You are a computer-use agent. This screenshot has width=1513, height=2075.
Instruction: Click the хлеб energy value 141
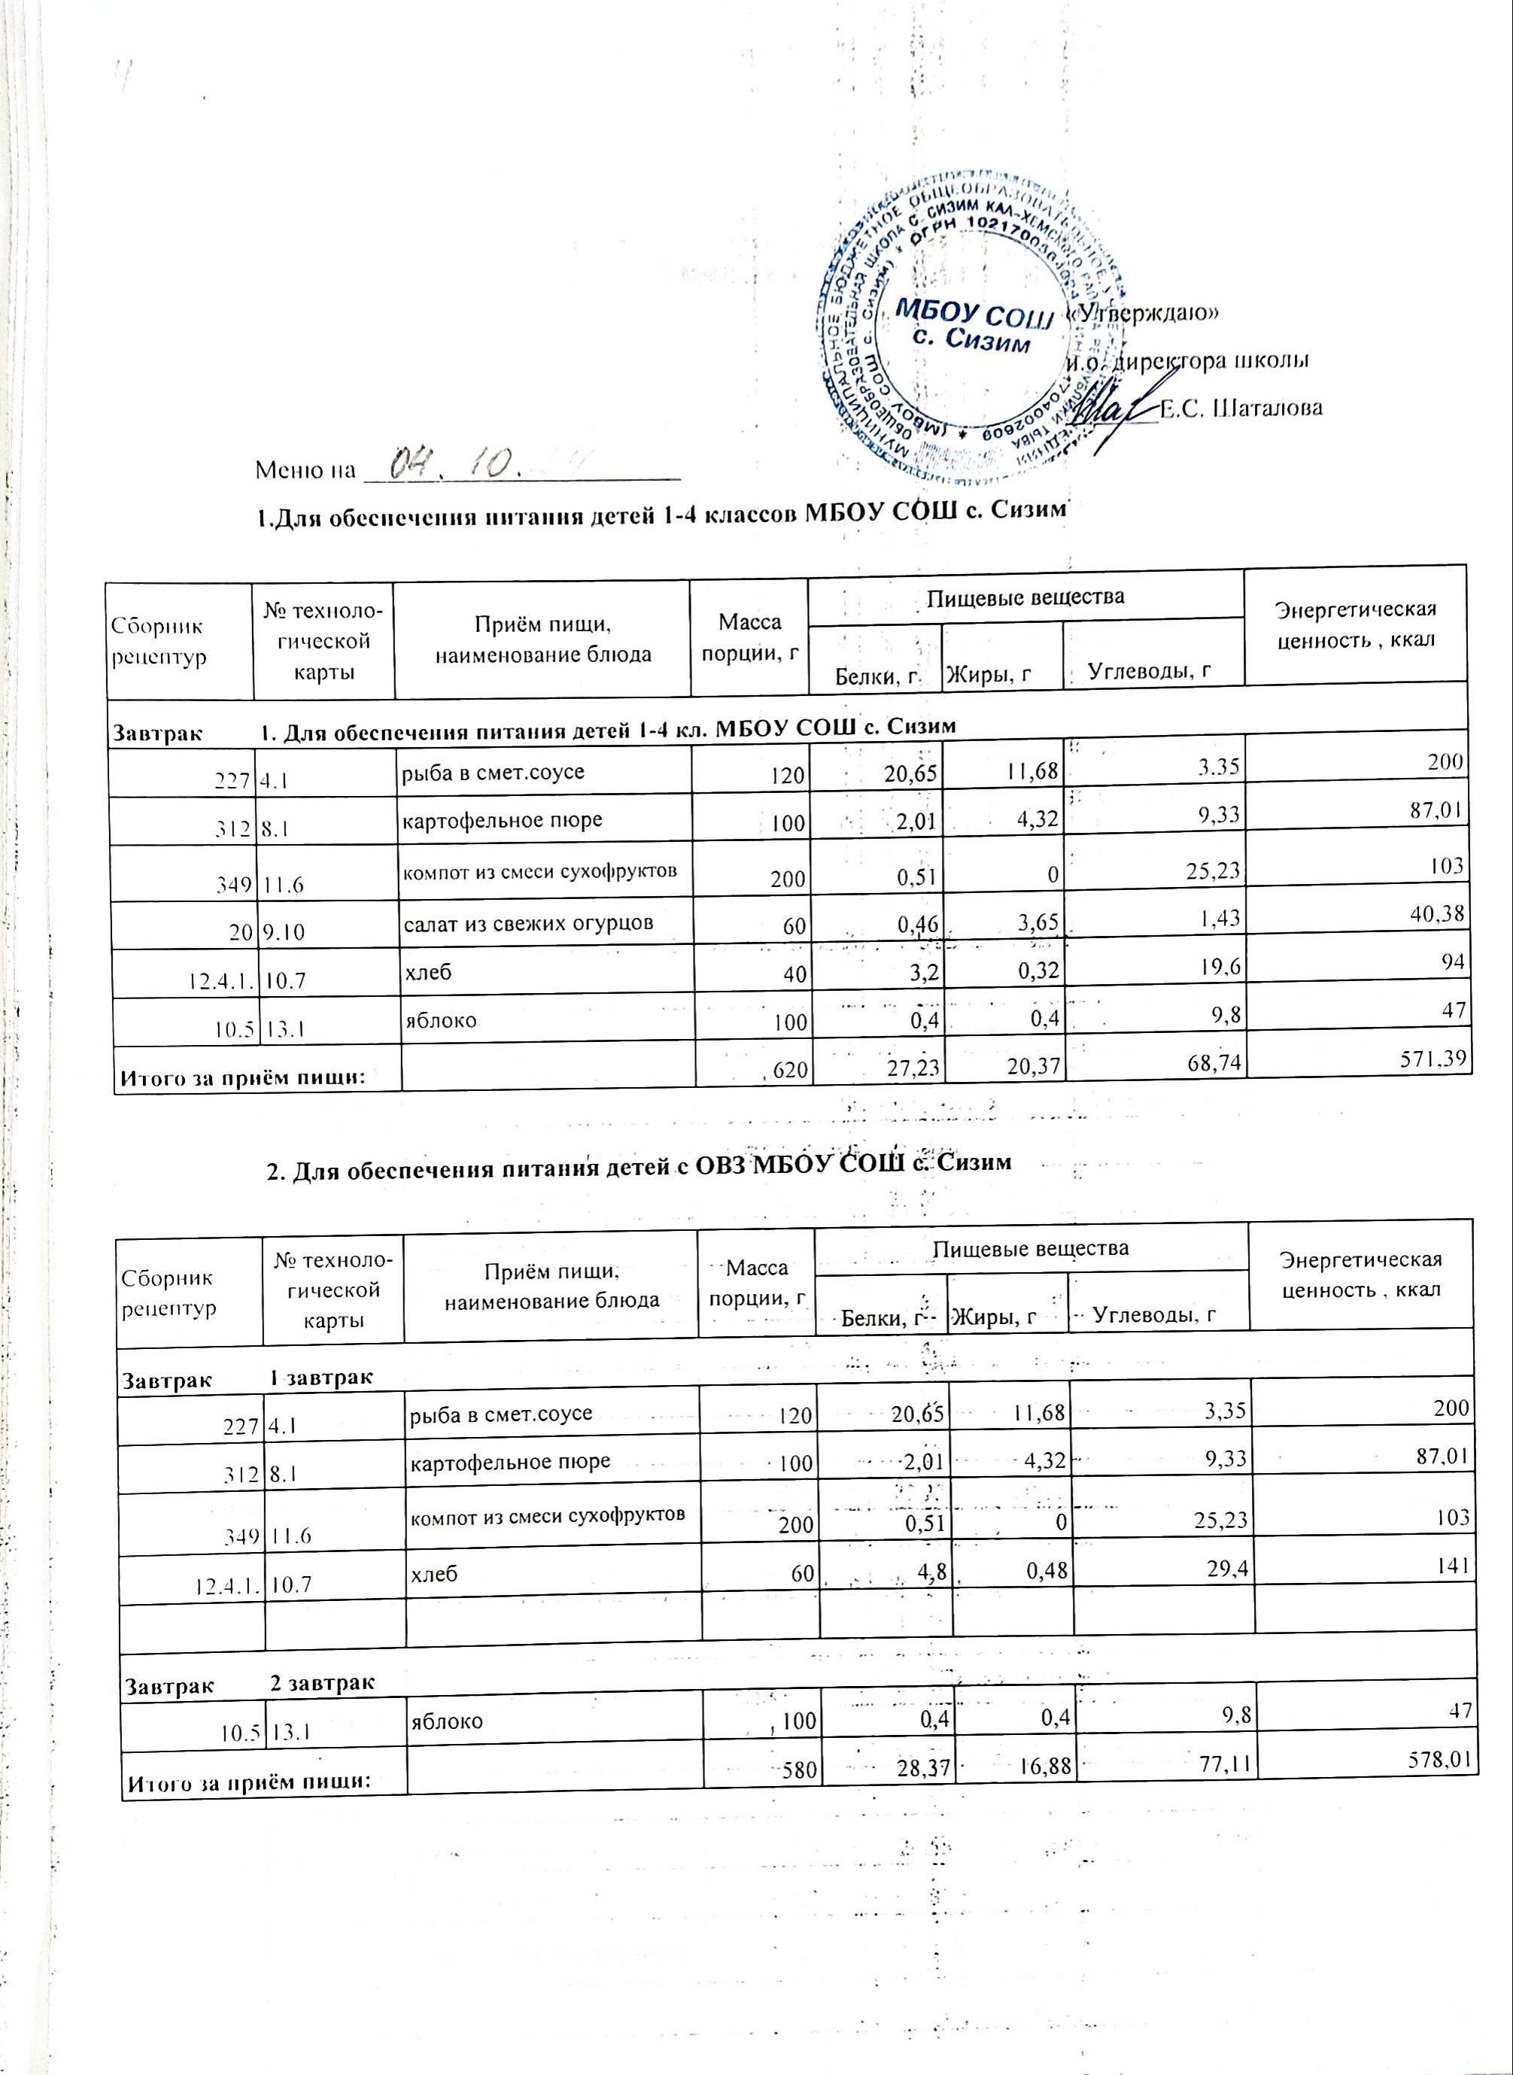point(1454,1565)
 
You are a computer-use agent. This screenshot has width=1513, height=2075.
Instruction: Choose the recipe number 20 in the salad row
point(241,931)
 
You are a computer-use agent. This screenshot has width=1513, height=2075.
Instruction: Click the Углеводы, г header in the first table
point(1150,672)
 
